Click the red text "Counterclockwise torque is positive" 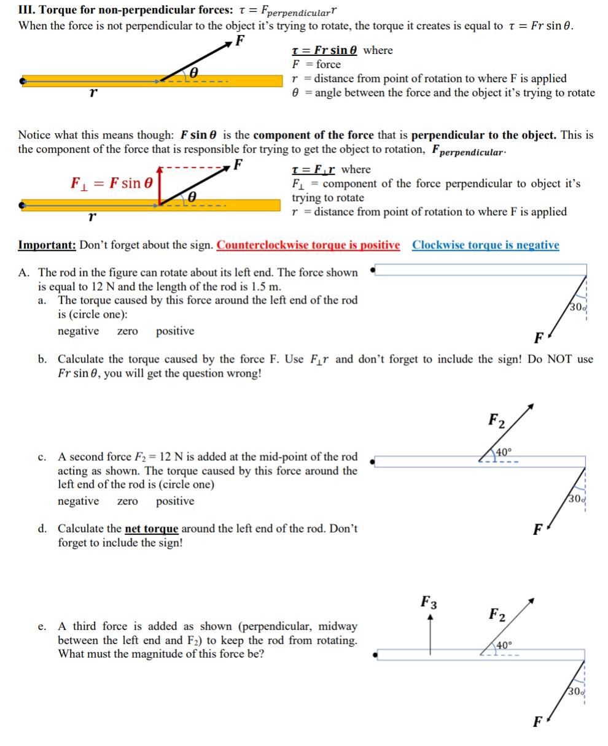[308, 245]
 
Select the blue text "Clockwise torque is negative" [485, 245]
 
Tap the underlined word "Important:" [47, 245]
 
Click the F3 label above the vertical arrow [429, 601]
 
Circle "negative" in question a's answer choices [78, 331]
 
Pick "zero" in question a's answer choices [127, 332]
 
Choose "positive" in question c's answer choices [175, 501]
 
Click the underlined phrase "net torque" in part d [151, 529]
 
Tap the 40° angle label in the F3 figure [504, 645]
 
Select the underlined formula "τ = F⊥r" [314, 169]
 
